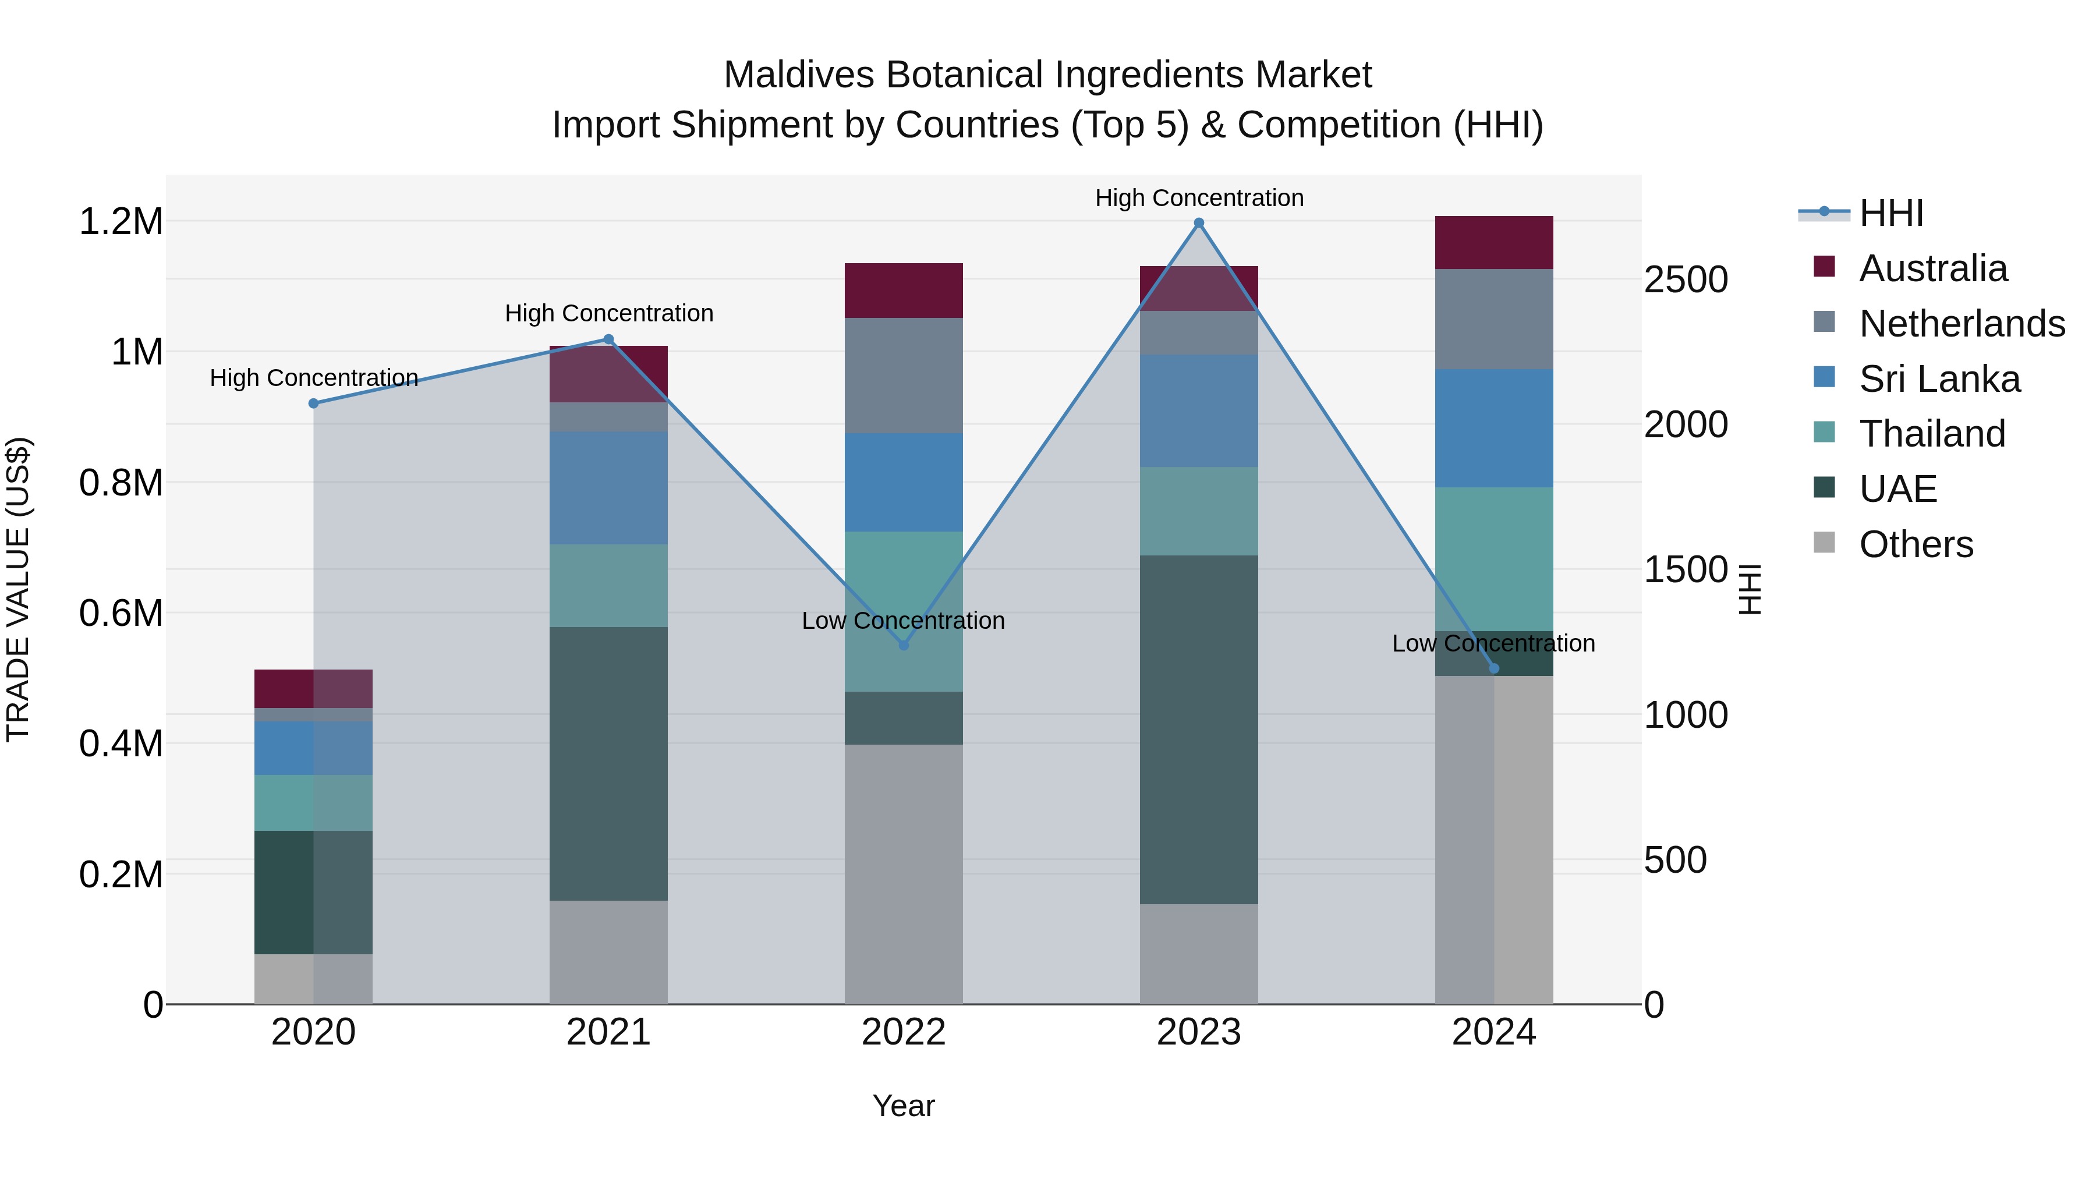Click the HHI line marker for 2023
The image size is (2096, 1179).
[1199, 223]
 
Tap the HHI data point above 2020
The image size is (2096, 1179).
[313, 403]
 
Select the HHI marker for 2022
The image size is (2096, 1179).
[903, 645]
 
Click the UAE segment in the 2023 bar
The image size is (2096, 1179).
[1199, 730]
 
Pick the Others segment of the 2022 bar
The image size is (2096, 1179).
[903, 874]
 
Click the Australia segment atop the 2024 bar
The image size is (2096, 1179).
[1494, 242]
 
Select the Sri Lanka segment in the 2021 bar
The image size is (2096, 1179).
[608, 488]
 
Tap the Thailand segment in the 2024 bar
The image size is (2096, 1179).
[1494, 559]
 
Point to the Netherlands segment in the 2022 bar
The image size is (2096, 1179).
[903, 376]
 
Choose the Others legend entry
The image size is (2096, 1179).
[1916, 544]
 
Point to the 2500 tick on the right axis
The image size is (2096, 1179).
[1686, 280]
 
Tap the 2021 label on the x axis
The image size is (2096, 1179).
[608, 1032]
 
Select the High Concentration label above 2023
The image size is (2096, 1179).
[1199, 198]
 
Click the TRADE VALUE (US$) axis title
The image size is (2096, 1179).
[18, 589]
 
